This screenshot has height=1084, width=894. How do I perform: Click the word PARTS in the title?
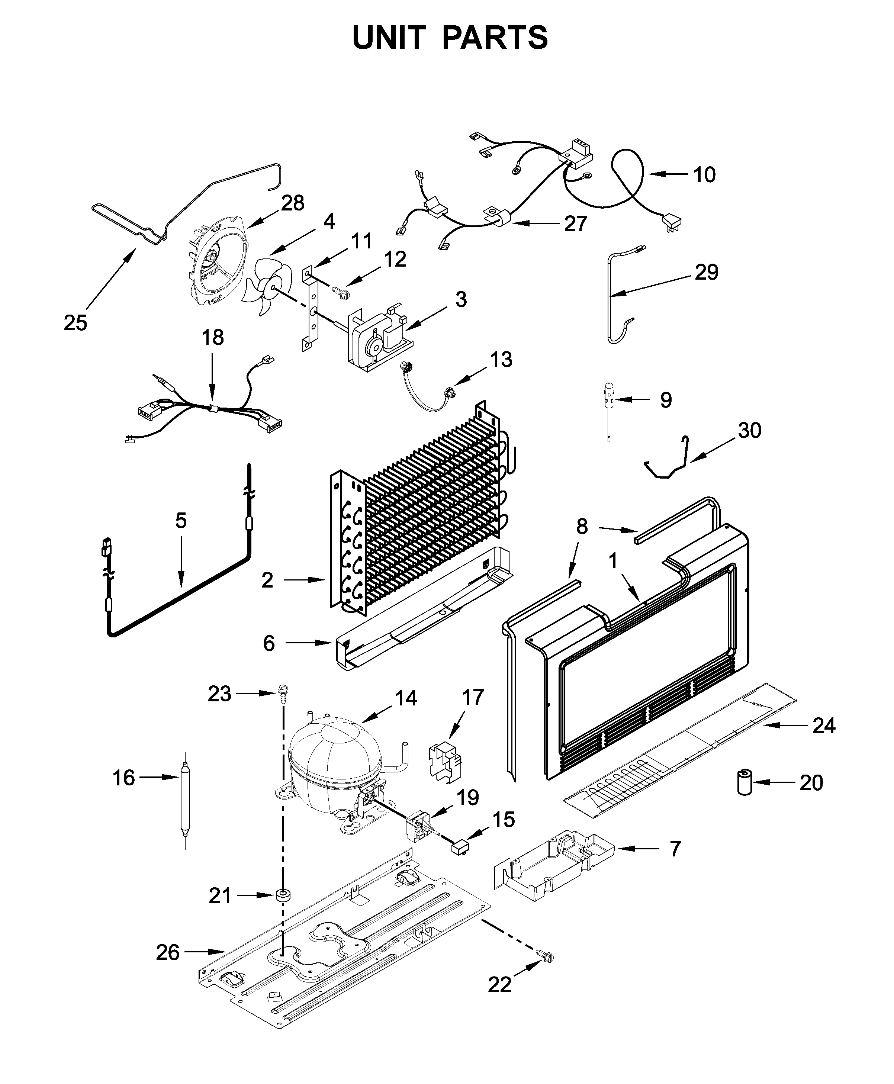495,38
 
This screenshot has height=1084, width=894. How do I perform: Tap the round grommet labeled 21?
283,895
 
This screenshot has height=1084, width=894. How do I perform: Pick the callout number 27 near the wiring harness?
575,223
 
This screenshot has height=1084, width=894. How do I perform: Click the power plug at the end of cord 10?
670,224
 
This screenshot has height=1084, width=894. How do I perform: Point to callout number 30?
749,430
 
